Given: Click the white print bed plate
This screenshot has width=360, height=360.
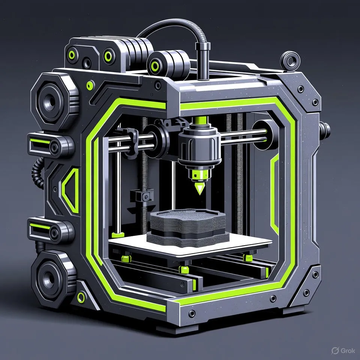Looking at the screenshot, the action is tap(190, 245).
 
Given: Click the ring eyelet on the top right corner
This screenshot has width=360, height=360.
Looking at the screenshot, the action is tap(290, 61).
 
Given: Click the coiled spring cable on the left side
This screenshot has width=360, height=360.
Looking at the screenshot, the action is tap(38, 172).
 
